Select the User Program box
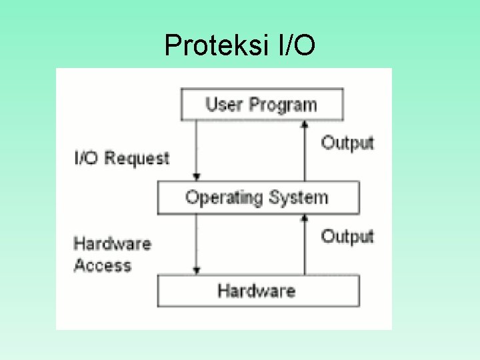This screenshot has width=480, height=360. click(x=262, y=105)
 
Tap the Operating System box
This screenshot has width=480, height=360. click(x=257, y=197)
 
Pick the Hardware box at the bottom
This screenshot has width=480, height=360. click(x=257, y=291)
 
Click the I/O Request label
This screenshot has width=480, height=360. click(x=121, y=158)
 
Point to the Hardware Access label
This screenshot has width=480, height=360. click(x=112, y=254)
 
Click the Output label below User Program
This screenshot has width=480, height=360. click(x=347, y=143)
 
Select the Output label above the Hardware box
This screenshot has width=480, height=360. click(x=347, y=236)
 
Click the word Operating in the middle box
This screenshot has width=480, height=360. click(x=224, y=197)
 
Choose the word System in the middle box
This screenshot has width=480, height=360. click(x=299, y=197)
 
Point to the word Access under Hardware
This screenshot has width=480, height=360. click(x=102, y=265)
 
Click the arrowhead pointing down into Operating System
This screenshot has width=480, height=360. click(x=196, y=177)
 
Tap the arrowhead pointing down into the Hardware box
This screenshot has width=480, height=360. click(x=196, y=271)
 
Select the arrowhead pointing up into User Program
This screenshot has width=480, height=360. click(x=305, y=123)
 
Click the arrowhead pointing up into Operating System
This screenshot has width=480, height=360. click(x=305, y=217)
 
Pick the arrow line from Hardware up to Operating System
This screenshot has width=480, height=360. click(x=305, y=247)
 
